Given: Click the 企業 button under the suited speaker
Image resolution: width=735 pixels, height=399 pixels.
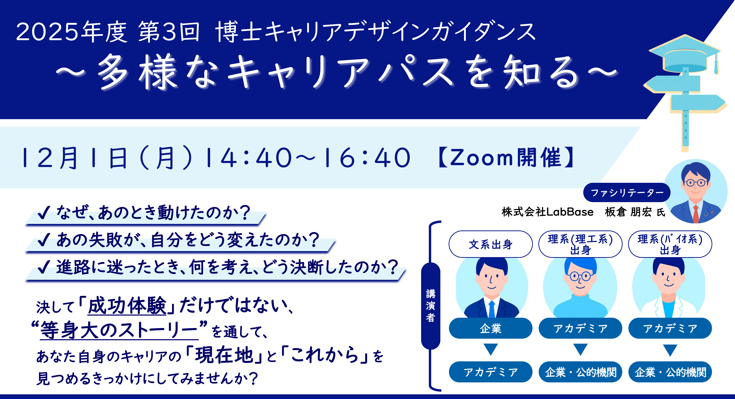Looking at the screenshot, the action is pos(490,328).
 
